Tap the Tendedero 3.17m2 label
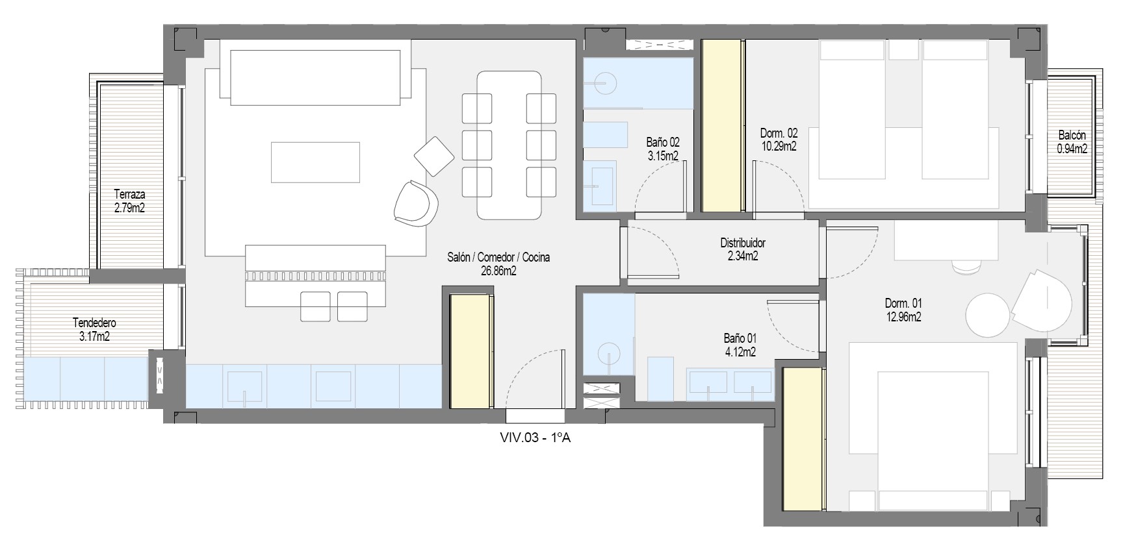pyautogui.click(x=95, y=329)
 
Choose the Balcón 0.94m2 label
pyautogui.click(x=1072, y=142)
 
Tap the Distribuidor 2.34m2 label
pyautogui.click(x=743, y=249)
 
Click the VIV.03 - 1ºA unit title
pyautogui.click(x=535, y=438)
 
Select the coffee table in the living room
pyautogui.click(x=315, y=162)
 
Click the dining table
pyautogui.click(x=510, y=145)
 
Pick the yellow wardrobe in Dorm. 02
pyautogui.click(x=723, y=125)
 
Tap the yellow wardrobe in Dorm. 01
pyautogui.click(x=804, y=439)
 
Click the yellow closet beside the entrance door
pyautogui.click(x=471, y=351)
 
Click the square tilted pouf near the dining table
pyautogui.click(x=433, y=156)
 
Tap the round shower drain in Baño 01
pyautogui.click(x=609, y=355)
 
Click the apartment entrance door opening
pyautogui.click(x=536, y=416)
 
